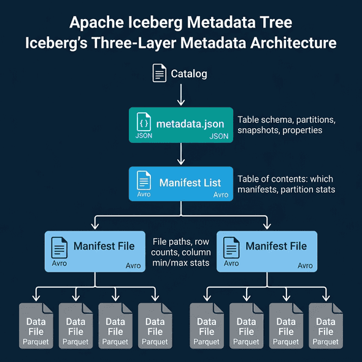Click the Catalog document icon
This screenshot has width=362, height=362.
160,74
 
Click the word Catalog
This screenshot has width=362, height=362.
189,74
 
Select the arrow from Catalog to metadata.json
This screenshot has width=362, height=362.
181,95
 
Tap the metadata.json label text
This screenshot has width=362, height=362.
190,124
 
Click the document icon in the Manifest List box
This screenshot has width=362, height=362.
144,180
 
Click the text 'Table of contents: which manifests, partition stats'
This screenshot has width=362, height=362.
286,184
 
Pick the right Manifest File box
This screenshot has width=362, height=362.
267,251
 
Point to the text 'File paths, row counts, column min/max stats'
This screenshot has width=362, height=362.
182,252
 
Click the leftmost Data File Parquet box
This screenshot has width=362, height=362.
36,326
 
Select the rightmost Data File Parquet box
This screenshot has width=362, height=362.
325,326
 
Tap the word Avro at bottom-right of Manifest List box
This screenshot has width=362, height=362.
220,195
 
